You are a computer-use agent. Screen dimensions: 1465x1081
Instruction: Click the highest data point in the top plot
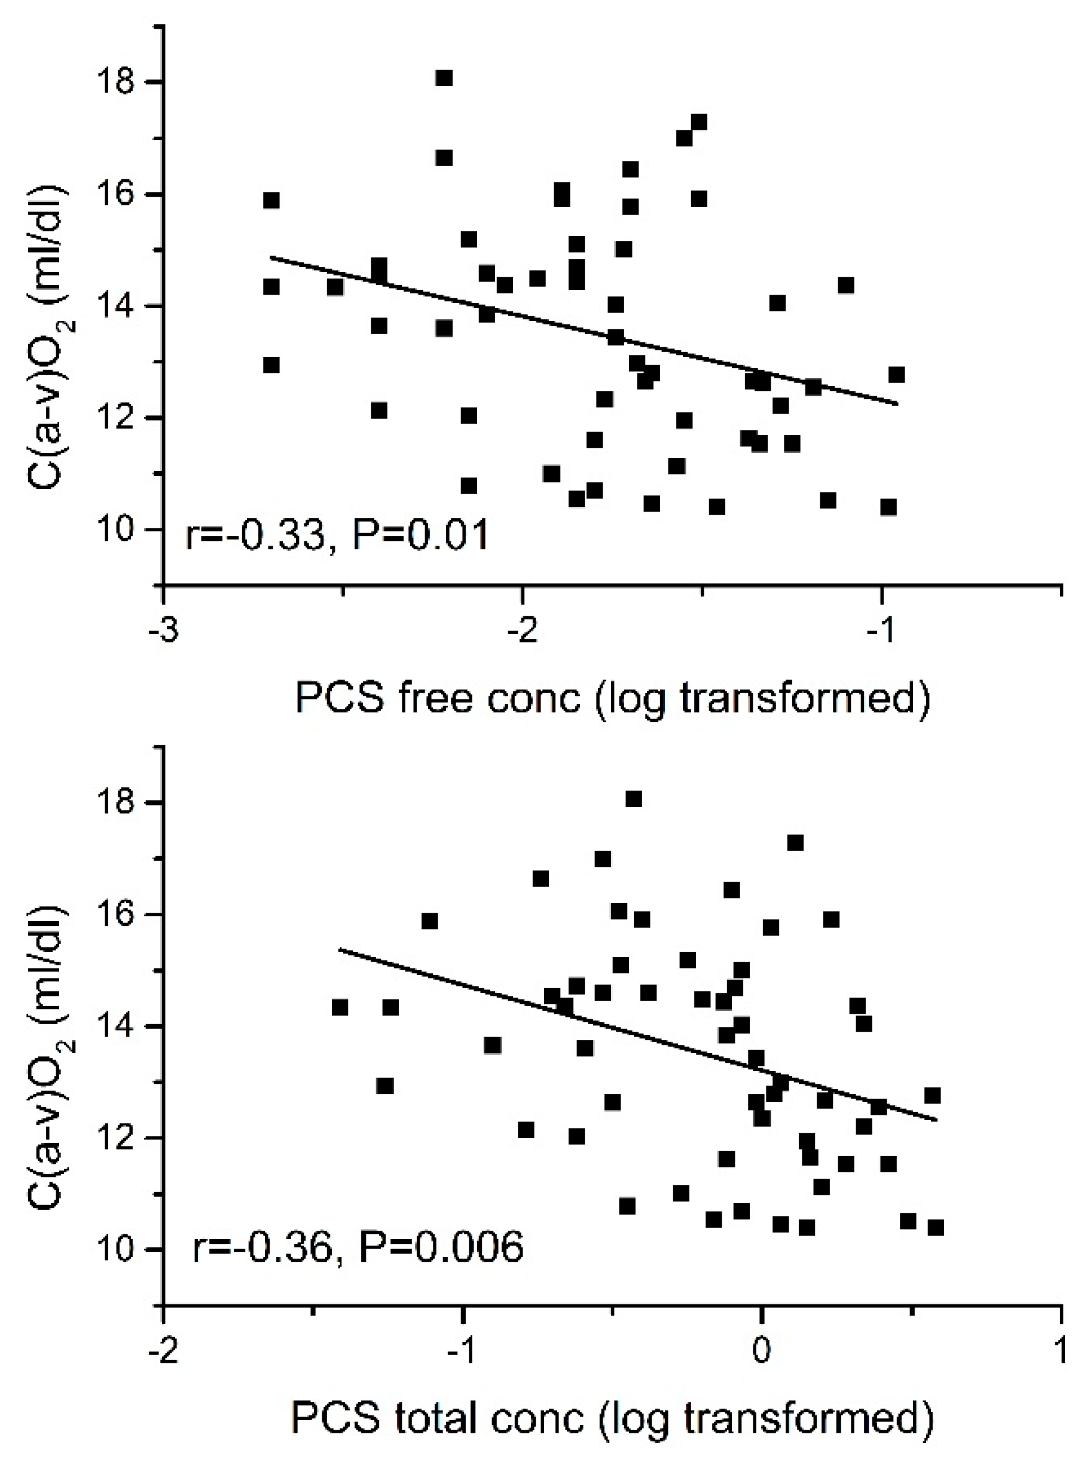coord(444,78)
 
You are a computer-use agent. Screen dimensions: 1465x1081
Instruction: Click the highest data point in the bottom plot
coord(633,799)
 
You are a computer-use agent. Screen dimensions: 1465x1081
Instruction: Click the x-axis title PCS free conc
coord(612,698)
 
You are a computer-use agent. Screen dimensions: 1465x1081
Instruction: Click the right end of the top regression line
coord(897,404)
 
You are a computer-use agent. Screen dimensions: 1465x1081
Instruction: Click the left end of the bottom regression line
coord(339,949)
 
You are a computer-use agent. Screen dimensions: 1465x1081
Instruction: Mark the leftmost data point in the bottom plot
coord(340,1008)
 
